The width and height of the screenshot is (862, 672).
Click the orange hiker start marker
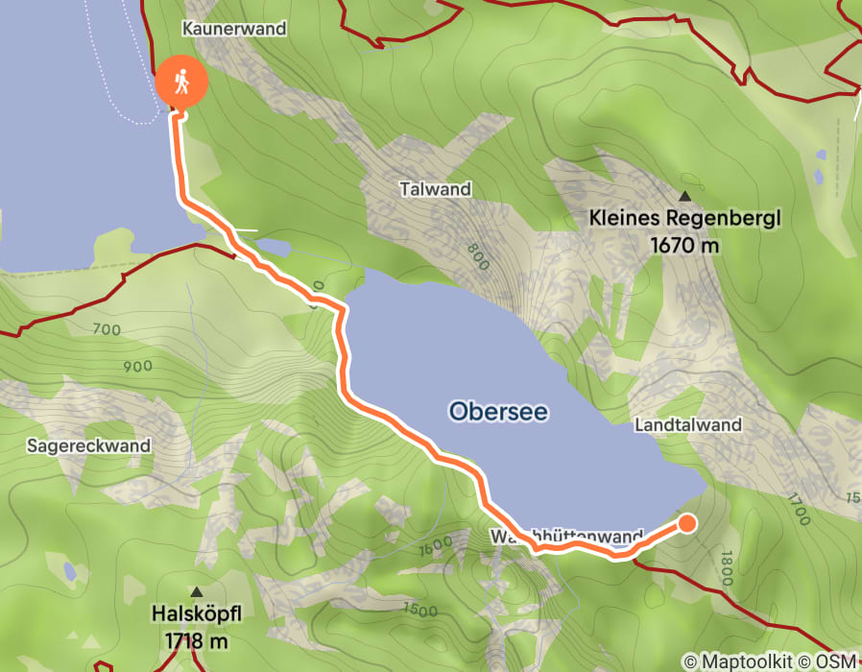coord(180,84)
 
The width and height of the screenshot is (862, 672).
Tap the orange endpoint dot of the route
coord(688,523)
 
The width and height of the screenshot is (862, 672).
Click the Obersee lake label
coord(498,412)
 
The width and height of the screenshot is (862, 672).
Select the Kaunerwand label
coord(236,29)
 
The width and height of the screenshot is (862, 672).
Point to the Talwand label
coord(436,189)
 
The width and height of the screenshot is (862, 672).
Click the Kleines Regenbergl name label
coord(685,219)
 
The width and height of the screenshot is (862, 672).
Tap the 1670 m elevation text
coord(684,246)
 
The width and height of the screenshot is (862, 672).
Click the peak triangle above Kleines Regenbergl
coord(685,179)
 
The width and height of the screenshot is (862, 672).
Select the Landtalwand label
coord(688,424)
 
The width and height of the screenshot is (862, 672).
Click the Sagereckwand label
coord(88,445)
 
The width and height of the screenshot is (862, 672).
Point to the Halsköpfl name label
coord(197,612)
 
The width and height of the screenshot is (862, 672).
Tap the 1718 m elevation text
coord(197,639)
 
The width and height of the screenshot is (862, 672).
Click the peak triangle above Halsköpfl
coord(197,591)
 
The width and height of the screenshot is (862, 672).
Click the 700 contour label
coord(108,330)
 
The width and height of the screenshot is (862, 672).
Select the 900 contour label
coord(138,366)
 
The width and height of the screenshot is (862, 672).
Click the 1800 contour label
coord(725,570)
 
